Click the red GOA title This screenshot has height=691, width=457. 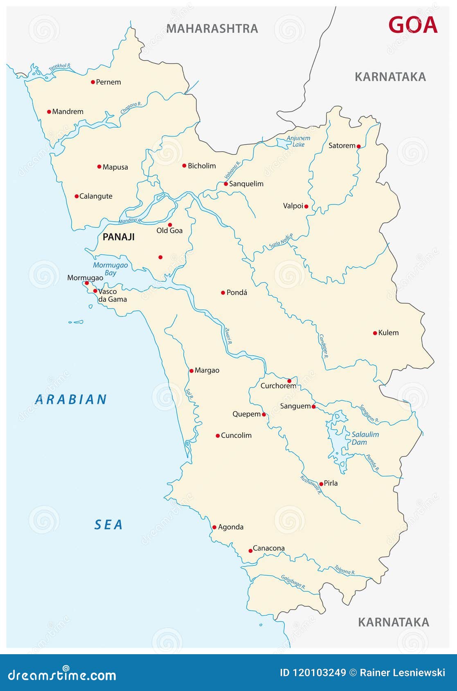412,25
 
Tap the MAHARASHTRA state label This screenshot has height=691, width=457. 212,29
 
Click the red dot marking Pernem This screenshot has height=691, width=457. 93,82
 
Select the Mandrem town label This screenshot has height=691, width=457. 68,112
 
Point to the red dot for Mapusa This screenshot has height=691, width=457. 99,166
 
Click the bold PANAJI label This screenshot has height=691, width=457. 118,237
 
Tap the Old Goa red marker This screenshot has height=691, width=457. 170,224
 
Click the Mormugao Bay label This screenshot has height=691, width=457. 110,269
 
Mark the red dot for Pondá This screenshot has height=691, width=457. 223,292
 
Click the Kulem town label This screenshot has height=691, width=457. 388,333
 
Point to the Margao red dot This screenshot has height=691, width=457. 191,371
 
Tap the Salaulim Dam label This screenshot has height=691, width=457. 365,438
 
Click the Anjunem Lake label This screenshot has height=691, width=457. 298,141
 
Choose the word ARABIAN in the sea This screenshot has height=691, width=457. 71,399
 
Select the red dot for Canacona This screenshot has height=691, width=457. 250,551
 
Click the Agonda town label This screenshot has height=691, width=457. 231,527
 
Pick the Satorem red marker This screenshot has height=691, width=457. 358,146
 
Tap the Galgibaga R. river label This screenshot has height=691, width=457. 293,582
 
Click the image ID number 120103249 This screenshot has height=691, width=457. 319,673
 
